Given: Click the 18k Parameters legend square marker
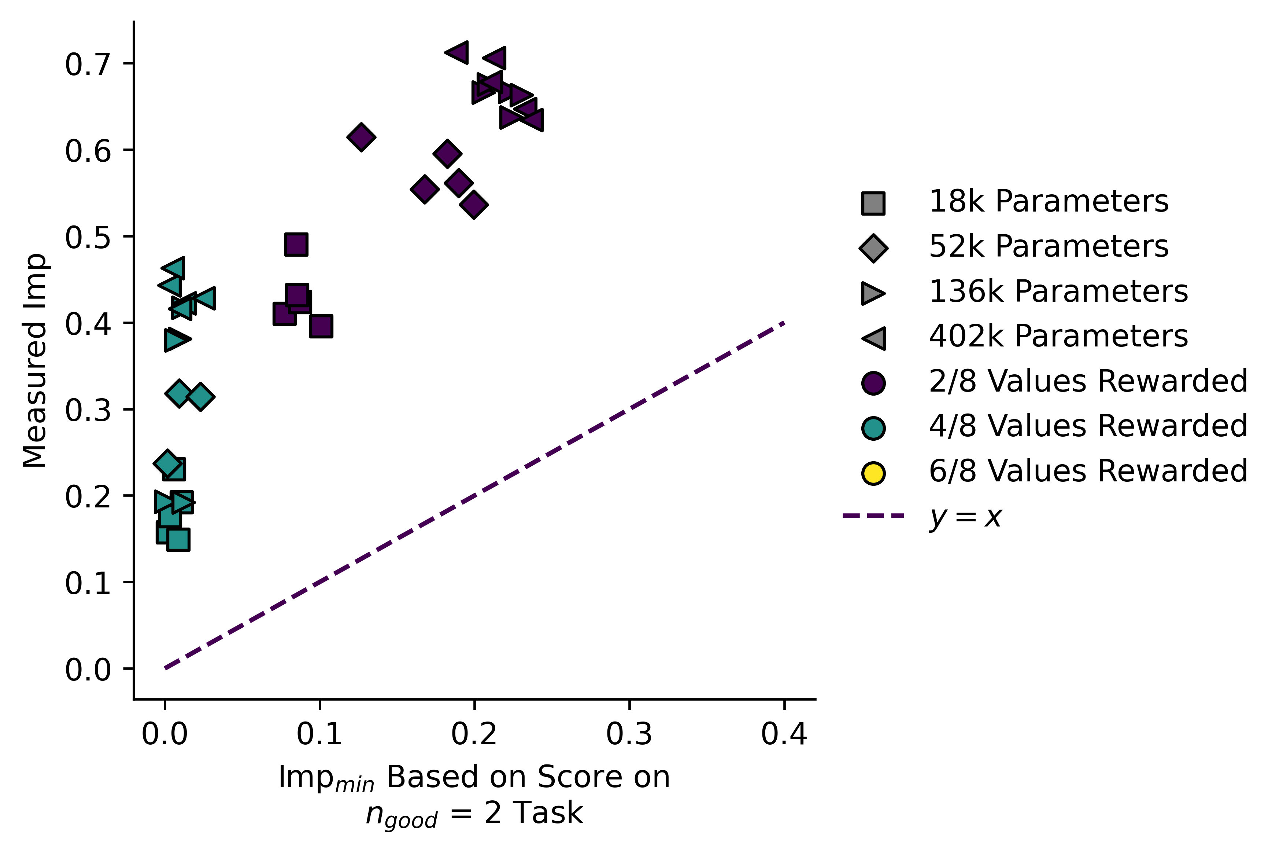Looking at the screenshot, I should coord(873,203).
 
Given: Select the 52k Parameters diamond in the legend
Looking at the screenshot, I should coord(873,248).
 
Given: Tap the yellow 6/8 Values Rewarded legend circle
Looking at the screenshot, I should coord(873,473).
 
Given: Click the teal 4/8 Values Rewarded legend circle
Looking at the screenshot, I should coord(873,428).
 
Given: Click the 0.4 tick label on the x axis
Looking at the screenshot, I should coord(783,734).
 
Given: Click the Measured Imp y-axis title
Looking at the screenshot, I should coord(36,360).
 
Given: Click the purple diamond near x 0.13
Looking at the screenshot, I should coord(361,136).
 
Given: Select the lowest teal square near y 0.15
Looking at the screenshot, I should coord(178,539).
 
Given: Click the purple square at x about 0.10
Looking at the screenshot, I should coord(321,326).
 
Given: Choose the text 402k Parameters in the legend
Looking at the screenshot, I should coord(1057,337).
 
